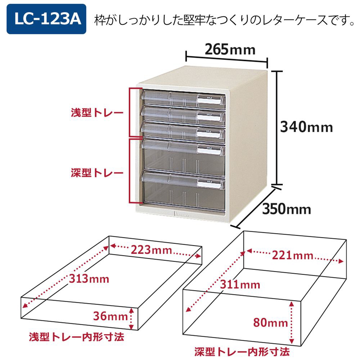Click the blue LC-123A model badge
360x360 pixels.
(46, 19)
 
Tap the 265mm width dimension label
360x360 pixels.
(230, 49)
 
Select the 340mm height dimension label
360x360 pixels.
(306, 127)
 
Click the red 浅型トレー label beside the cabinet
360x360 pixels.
(97, 112)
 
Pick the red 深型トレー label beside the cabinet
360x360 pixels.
(97, 173)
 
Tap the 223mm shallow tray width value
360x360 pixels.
(151, 250)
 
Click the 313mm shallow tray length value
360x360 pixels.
(89, 279)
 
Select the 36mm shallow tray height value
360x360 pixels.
(111, 316)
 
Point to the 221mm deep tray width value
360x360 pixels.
(292, 255)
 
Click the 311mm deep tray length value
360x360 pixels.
(240, 285)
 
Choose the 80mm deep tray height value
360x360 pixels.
(270, 323)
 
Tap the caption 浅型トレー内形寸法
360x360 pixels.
(76, 337)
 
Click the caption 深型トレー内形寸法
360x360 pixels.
(242, 352)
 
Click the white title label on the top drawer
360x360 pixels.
(210, 100)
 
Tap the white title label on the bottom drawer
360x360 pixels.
(210, 184)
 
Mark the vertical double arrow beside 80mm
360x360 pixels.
(292, 323)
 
